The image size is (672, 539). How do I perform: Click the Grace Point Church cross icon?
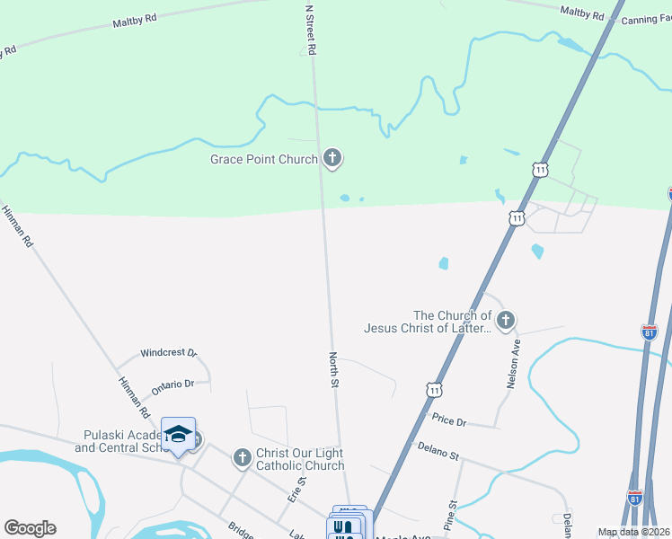[332, 159]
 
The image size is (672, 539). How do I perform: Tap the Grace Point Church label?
[264, 160]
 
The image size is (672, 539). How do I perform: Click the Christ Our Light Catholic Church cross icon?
[241, 459]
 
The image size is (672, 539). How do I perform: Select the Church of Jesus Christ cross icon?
[506, 320]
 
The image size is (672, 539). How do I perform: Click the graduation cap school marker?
[178, 435]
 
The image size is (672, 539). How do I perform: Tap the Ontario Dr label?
[172, 384]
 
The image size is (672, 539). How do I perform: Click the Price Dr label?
[449, 420]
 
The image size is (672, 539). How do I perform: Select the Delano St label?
[438, 450]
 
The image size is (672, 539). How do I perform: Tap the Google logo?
[30, 528]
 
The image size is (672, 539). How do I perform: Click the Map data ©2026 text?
[634, 532]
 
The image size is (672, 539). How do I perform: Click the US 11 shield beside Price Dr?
[434, 390]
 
